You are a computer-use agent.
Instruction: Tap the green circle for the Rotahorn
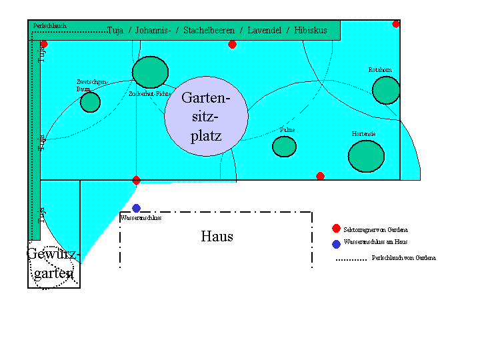pyautogui.click(x=385, y=90)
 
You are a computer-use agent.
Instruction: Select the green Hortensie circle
pyautogui.click(x=366, y=156)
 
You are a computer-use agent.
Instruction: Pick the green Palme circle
pyautogui.click(x=284, y=146)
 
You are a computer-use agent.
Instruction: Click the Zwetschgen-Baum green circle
pyautogui.click(x=90, y=102)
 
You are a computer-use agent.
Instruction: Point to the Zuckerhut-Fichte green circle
pyautogui.click(x=150, y=72)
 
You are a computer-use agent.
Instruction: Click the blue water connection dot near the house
pyautogui.click(x=136, y=208)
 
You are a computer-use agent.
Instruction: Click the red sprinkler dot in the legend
pyautogui.click(x=336, y=229)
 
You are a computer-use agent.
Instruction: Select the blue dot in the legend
pyautogui.click(x=336, y=243)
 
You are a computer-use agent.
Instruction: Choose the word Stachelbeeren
pyautogui.click(x=209, y=31)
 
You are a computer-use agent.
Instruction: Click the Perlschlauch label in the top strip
pyautogui.click(x=49, y=26)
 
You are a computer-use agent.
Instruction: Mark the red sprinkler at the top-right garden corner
pyautogui.click(x=396, y=24)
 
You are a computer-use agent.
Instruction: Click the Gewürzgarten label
pyautogui.click(x=53, y=264)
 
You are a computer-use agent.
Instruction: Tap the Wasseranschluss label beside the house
pyautogui.click(x=141, y=217)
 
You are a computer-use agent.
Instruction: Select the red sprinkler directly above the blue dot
pyautogui.click(x=136, y=180)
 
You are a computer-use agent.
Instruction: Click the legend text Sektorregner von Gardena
pyautogui.click(x=375, y=229)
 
